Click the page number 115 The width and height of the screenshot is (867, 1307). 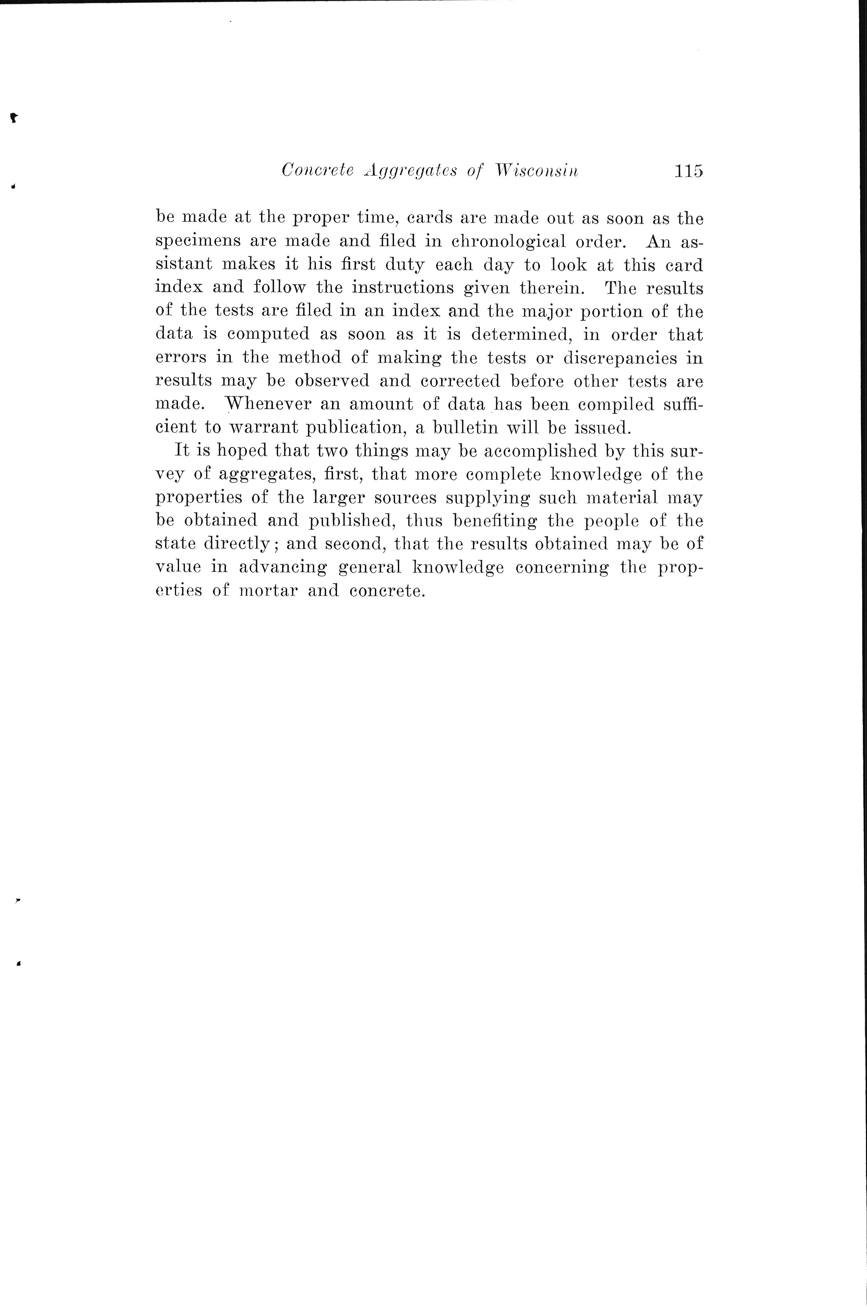click(688, 171)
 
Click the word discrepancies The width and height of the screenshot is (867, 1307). click(620, 358)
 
